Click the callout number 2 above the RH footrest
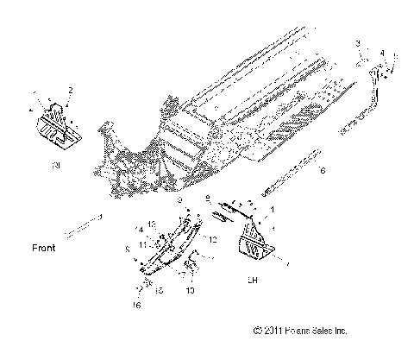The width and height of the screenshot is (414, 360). [x=71, y=90]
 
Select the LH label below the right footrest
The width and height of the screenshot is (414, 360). [x=253, y=280]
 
